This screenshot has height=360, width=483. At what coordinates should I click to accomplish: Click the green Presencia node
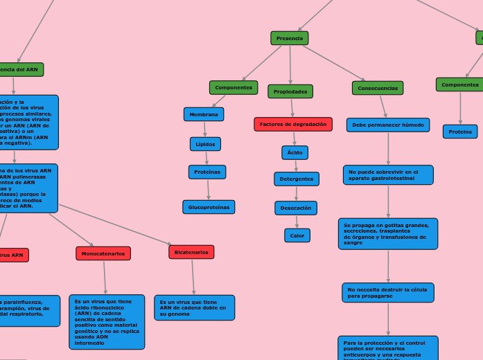coord(290,38)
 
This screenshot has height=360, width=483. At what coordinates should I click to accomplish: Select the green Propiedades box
coord(290,91)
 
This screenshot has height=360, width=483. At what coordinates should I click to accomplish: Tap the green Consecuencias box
coord(378,88)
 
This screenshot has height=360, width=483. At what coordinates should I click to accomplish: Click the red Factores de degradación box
coord(293,124)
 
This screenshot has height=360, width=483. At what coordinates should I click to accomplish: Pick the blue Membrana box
coord(204,114)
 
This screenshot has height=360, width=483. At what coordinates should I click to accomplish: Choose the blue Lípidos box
coord(205,144)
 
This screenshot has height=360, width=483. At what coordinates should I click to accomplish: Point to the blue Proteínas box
coord(207,172)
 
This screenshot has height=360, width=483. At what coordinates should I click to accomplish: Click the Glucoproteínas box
coord(209,207)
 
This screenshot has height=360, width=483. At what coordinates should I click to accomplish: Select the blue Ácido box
coord(295,152)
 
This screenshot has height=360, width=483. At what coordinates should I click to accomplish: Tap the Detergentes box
coord(297,179)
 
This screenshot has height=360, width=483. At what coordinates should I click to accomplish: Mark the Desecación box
coord(296,208)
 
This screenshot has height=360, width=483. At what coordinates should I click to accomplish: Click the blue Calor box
coord(297,235)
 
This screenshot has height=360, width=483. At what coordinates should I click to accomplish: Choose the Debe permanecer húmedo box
coord(388,125)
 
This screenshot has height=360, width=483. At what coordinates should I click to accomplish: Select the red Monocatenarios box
coord(103,254)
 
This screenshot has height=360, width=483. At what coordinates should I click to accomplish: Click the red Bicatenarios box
coord(191,252)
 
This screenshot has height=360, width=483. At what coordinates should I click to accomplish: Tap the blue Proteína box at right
coord(460,132)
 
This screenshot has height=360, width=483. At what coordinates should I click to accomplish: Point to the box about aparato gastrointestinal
coord(388,174)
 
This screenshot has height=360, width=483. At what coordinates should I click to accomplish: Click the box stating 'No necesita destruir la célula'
coord(388,293)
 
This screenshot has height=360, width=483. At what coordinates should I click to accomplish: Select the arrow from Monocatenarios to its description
coord(105,278)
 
